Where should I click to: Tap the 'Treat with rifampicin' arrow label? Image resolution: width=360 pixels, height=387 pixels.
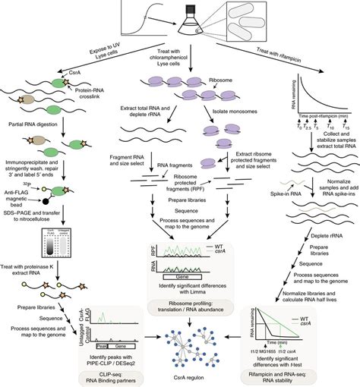278,52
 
